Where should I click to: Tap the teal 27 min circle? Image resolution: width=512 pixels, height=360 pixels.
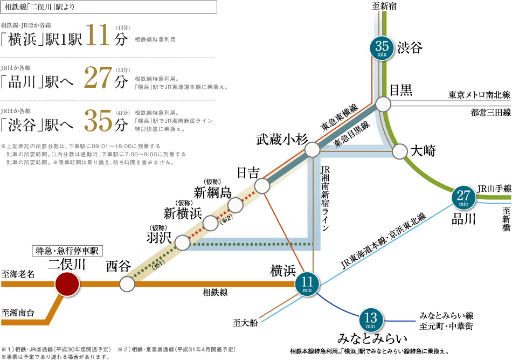pos(463,198)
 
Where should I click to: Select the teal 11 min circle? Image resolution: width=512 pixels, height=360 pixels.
pos(307,283)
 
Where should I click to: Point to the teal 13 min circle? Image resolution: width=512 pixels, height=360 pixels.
pos(370,320)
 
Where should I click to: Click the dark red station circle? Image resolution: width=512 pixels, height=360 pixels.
pos(67,284)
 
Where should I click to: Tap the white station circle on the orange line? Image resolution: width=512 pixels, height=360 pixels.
pos(127,284)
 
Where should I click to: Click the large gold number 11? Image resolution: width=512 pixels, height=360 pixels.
pos(98,36)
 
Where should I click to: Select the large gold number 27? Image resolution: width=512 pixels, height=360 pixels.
pos(98,79)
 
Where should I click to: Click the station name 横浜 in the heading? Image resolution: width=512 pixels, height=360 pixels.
pos(23,40)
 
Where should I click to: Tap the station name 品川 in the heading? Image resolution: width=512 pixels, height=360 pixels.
pos(23,82)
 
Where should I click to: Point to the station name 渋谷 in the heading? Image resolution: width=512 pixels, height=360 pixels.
pos(23,126)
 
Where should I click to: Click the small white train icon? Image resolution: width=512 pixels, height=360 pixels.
pos(397,90)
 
